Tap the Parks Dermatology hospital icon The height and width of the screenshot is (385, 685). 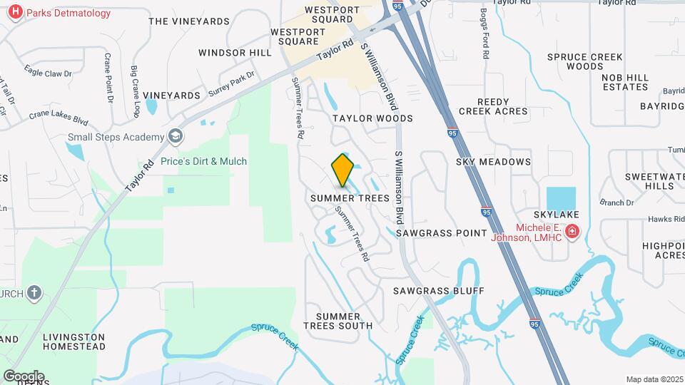coord(14,12)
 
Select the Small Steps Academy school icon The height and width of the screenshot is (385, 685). coord(176,136)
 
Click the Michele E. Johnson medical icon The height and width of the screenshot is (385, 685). coord(572,232)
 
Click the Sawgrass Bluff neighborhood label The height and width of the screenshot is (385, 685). coord(439,291)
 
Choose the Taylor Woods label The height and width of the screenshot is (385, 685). coord(372,118)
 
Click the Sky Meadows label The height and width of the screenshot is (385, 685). coord(493,162)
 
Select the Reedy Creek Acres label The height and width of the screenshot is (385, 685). coord(493,106)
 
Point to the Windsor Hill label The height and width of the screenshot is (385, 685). coord(235,53)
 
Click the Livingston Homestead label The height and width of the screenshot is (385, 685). coord(73,342)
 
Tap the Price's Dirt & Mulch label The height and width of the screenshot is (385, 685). coord(203,161)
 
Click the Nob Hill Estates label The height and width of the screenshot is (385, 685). coord(625,82)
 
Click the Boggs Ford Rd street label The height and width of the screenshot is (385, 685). coord(484,34)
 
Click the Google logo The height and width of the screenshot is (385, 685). coord(24,376)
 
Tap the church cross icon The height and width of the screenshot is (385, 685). coord(34,293)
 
